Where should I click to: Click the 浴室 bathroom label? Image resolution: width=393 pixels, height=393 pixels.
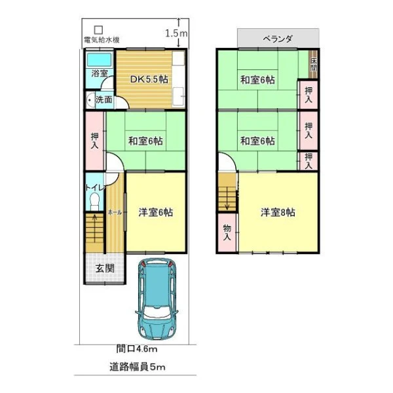[x=100, y=73]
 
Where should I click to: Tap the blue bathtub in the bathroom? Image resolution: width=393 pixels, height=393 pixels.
[x=100, y=60]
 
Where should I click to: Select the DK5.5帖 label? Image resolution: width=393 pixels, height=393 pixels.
[x=149, y=79]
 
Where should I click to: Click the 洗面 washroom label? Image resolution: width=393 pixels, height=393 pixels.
[x=103, y=100]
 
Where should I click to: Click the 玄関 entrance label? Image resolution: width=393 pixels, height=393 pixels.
[x=105, y=269]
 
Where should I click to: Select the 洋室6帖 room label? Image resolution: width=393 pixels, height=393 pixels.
[x=156, y=212]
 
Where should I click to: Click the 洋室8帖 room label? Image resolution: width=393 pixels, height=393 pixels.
[x=278, y=212]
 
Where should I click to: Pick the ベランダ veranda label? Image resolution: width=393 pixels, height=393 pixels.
[x=278, y=39]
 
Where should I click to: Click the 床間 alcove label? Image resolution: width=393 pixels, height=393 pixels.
[x=313, y=64]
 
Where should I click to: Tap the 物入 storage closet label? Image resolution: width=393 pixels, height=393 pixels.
[x=227, y=233]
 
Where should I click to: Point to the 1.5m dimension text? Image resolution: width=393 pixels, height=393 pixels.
[x=176, y=33]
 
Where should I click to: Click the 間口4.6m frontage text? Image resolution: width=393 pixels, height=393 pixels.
[x=137, y=348]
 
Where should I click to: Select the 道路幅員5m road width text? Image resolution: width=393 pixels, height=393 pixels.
[x=138, y=367]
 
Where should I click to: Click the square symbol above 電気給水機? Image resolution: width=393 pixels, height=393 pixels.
[x=98, y=30]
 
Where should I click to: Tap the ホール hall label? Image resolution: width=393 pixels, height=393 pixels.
[x=115, y=212]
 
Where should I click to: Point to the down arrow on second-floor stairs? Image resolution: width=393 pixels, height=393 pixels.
[x=227, y=198]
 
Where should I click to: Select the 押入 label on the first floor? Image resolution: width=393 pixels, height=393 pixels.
[x=94, y=141]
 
